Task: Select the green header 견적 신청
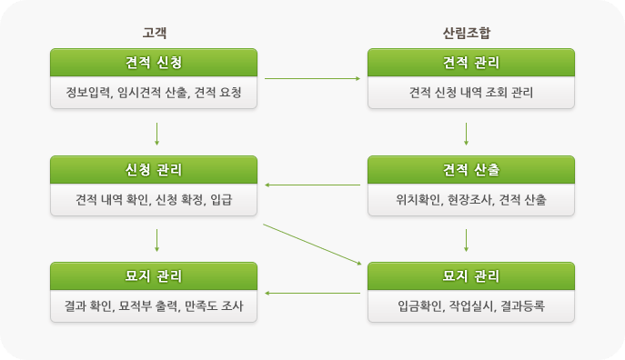154,63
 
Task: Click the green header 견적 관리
471,63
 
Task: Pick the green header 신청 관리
154,170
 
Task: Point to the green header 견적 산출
471,170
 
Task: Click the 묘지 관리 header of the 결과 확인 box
154,276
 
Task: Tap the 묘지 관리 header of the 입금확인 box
471,276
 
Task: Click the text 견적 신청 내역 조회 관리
471,93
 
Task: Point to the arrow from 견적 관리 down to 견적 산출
467,134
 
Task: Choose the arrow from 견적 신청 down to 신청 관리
157,134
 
